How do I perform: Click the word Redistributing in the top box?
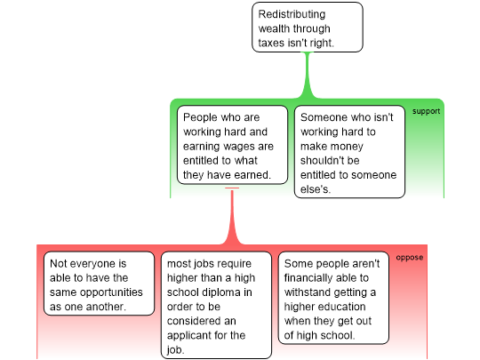(x=292, y=15)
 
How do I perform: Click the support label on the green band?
(x=426, y=111)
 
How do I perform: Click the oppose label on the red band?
(x=410, y=258)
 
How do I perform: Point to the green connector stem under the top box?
(x=308, y=75)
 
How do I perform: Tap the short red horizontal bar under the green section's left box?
(x=232, y=188)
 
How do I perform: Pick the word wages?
(x=240, y=147)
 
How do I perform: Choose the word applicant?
(x=191, y=335)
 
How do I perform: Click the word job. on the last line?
(x=176, y=350)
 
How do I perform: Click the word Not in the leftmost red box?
(x=58, y=264)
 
